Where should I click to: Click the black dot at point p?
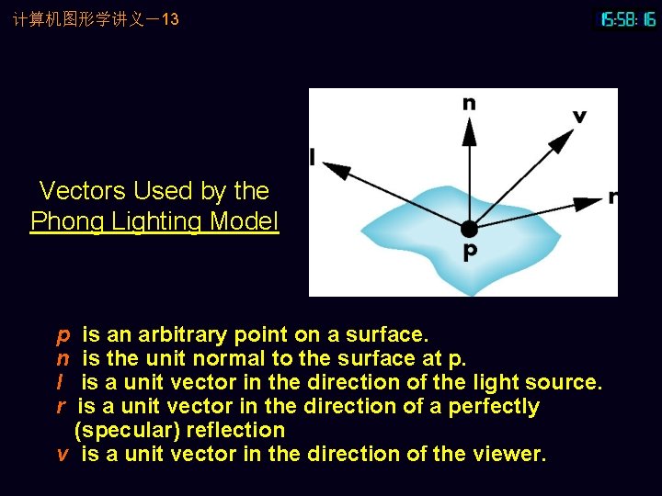pyautogui.click(x=469, y=228)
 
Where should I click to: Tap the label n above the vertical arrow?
pyautogui.click(x=469, y=103)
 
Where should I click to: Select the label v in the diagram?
pyautogui.click(x=579, y=117)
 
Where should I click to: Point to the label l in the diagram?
pyautogui.click(x=313, y=158)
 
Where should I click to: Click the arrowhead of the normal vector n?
pyautogui.click(x=469, y=130)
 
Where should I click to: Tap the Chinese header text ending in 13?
pyautogui.click(x=96, y=19)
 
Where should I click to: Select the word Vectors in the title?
pyautogui.click(x=83, y=191)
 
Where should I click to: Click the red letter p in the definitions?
pyautogui.click(x=63, y=335)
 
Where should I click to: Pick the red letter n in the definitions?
pyautogui.click(x=63, y=358)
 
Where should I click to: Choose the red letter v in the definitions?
pyautogui.click(x=63, y=454)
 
